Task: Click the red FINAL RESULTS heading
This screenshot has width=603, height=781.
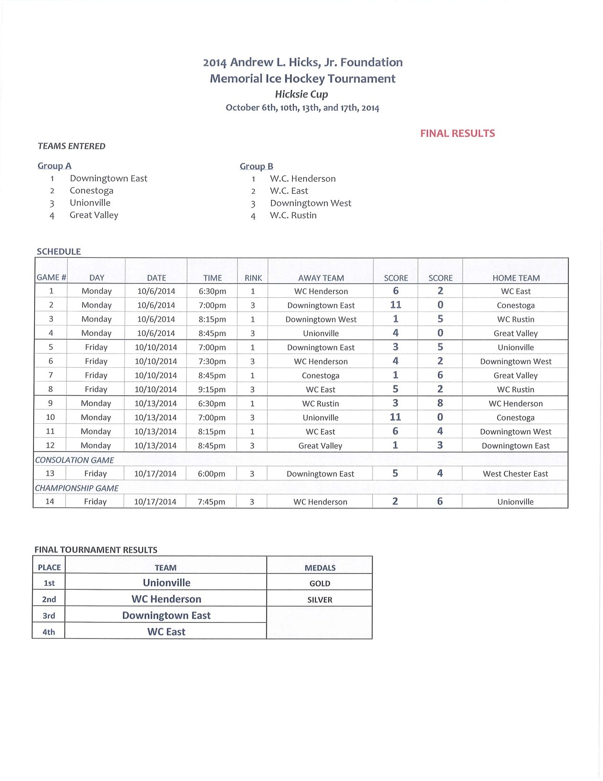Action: (x=457, y=133)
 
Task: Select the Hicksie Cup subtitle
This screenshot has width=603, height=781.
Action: (x=301, y=94)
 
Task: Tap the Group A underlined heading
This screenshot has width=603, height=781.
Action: (x=54, y=166)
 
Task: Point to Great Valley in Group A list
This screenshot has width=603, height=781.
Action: (x=94, y=215)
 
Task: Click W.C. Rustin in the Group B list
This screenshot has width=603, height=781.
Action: (x=293, y=215)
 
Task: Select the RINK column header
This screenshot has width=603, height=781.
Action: (x=253, y=278)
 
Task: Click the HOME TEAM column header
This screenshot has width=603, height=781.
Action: (x=516, y=278)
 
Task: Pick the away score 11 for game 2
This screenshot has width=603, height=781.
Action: (x=395, y=305)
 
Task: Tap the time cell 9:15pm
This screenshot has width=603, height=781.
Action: (x=212, y=390)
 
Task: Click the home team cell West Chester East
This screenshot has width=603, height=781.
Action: (x=516, y=474)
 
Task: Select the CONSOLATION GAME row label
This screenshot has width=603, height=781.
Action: (x=75, y=460)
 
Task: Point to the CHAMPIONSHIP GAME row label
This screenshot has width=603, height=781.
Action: (x=77, y=488)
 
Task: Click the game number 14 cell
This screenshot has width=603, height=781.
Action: (x=50, y=502)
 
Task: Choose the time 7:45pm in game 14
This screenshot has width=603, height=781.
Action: (x=211, y=502)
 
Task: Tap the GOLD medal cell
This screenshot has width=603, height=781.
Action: (x=320, y=584)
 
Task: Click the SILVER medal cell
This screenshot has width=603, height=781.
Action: (x=320, y=600)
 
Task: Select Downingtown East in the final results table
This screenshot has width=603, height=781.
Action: (x=166, y=615)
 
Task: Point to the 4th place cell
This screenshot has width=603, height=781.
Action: (x=49, y=632)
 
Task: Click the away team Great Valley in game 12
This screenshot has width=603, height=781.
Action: (x=320, y=446)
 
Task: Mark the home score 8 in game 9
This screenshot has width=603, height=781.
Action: (x=440, y=403)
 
